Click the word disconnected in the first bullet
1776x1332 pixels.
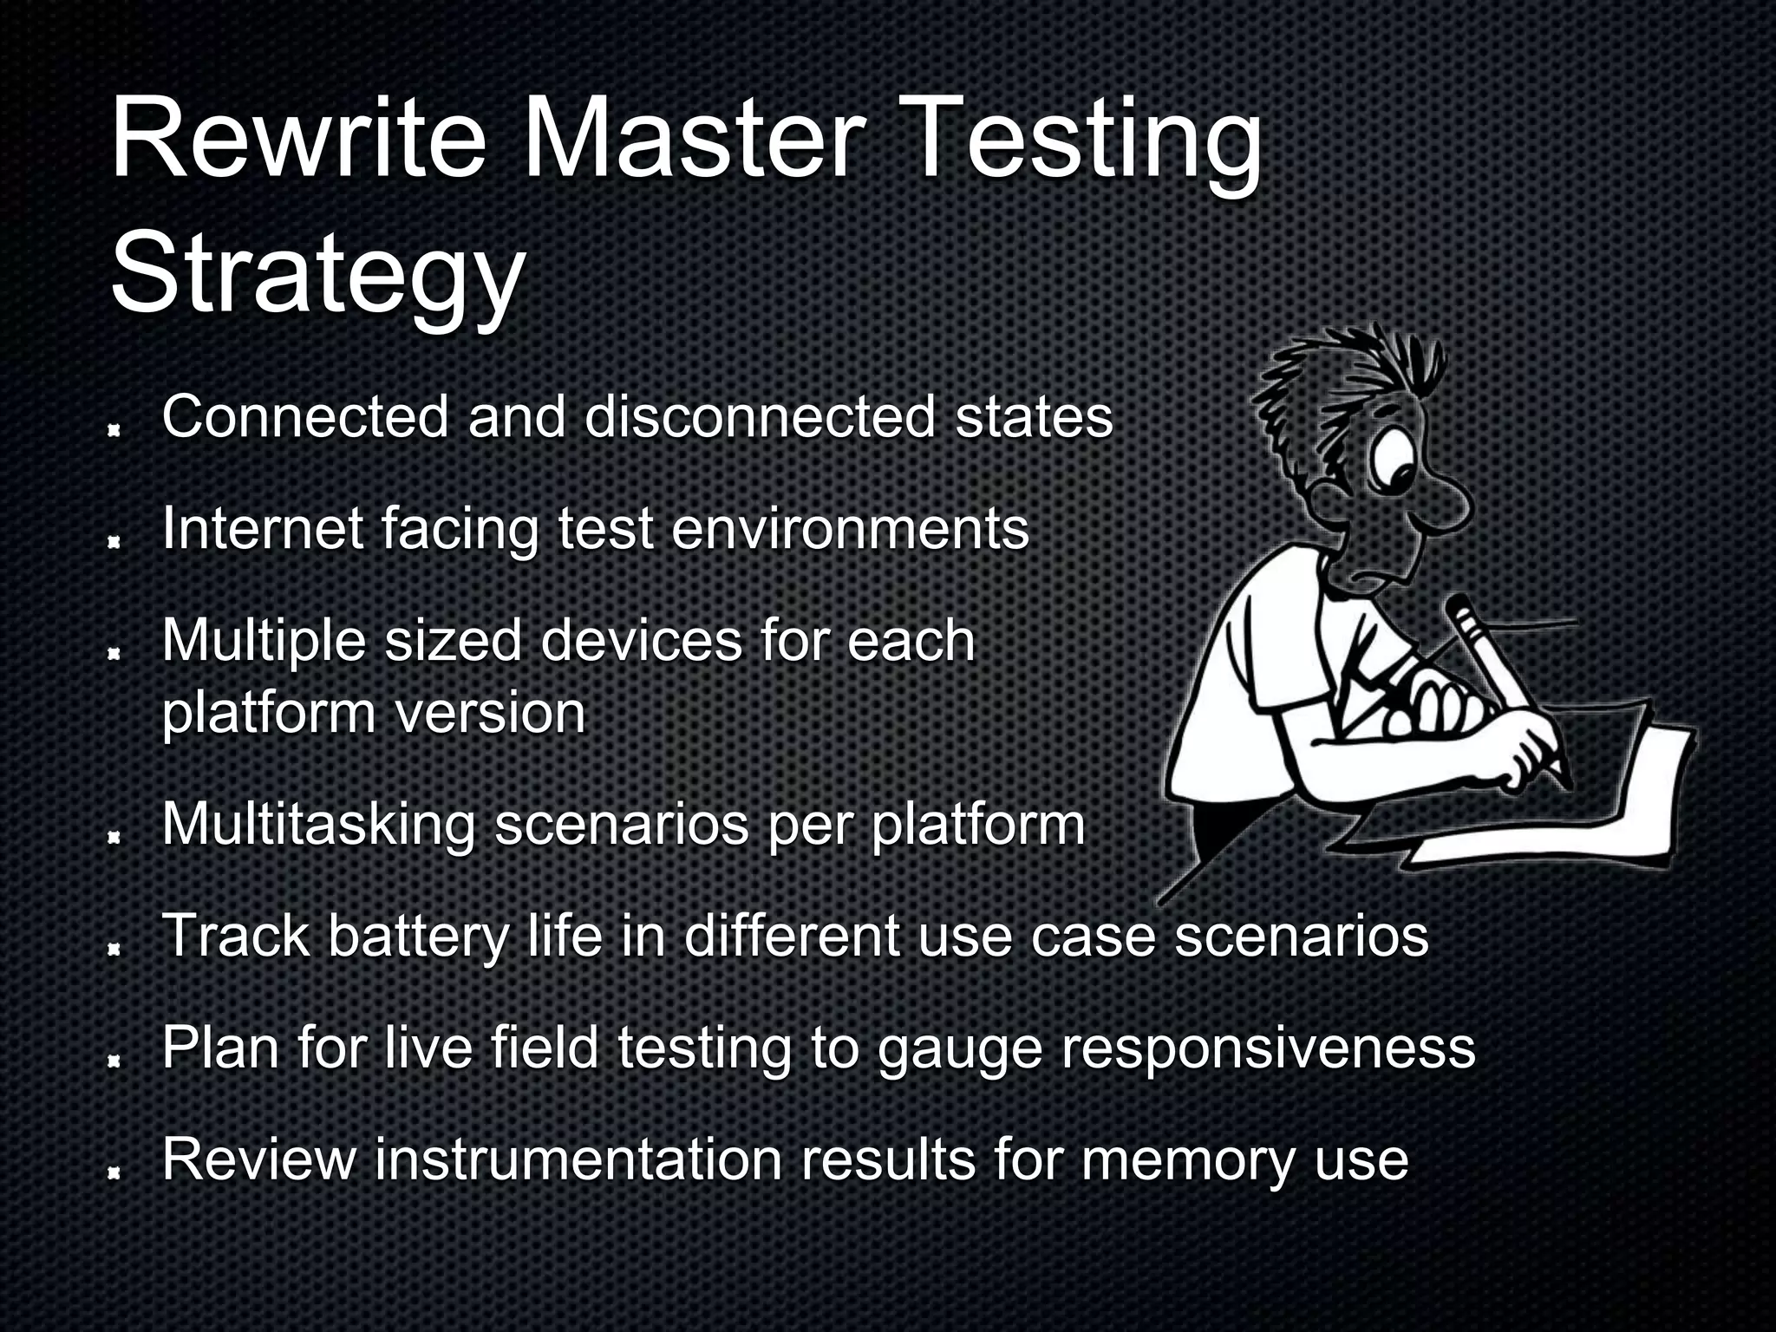coord(760,417)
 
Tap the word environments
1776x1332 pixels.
coord(850,528)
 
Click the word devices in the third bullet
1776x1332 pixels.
coord(642,641)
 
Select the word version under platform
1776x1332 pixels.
coord(491,713)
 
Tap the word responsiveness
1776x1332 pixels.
coord(1267,1049)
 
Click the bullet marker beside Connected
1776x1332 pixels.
coord(113,430)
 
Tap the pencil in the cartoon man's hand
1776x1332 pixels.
coord(1510,685)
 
